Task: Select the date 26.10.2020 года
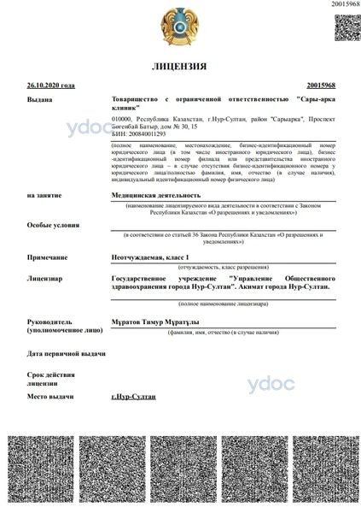51,85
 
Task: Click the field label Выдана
40,100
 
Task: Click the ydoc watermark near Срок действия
270,384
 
